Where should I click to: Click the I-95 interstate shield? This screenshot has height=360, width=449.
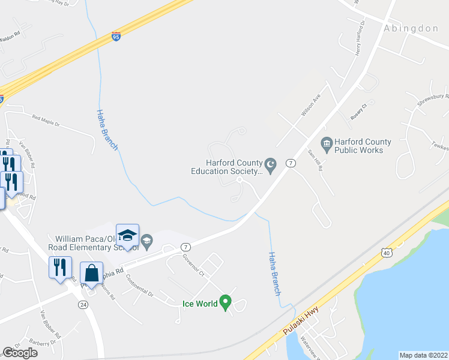[x=116, y=37]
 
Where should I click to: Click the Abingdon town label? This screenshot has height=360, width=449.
[x=411, y=28]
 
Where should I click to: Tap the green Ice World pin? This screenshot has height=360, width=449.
[x=226, y=302]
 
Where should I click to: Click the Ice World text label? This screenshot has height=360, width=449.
[x=200, y=304]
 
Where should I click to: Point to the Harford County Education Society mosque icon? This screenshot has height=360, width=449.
[x=270, y=164]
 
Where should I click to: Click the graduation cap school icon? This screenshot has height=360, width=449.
[x=127, y=235]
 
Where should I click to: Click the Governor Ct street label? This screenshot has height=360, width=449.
[x=194, y=264]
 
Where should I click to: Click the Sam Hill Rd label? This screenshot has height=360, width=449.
[x=315, y=160]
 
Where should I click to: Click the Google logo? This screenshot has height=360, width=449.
[x=20, y=353]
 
